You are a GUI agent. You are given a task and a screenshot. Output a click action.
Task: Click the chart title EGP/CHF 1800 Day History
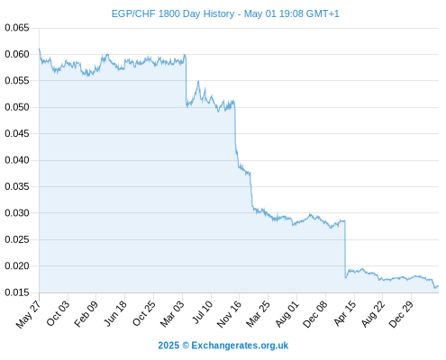(173, 13)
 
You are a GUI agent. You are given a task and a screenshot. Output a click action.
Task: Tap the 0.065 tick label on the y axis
(17, 28)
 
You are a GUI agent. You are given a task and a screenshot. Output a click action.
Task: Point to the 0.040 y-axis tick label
(17, 160)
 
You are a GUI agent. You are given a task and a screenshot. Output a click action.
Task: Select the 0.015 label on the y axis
(17, 292)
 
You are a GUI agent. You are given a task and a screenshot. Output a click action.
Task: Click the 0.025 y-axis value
(17, 239)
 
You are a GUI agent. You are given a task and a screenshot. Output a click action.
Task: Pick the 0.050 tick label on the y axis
(17, 107)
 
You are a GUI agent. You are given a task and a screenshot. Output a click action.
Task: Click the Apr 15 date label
(345, 313)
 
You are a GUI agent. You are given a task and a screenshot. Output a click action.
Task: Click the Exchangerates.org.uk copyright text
(223, 346)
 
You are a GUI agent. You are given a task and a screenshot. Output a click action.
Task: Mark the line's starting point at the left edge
(39, 49)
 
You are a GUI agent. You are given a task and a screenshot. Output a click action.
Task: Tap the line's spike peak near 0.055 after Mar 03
(198, 81)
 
